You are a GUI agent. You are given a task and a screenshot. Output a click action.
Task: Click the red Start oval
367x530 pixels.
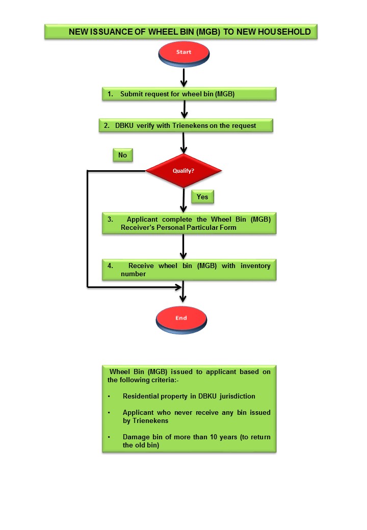click(184, 54)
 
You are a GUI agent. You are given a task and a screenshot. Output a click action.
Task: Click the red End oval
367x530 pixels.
click(181, 320)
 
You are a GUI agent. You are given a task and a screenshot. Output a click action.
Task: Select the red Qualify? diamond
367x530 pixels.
click(183, 171)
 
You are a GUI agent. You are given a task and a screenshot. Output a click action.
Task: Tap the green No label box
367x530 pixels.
click(123, 155)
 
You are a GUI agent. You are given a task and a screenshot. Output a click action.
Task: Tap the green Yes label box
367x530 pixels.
click(202, 197)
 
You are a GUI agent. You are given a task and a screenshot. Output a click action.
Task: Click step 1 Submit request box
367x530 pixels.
click(189, 94)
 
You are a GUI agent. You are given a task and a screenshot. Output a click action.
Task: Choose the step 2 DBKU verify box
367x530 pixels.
click(186, 125)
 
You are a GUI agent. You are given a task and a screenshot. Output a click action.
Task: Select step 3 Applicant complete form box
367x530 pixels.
click(189, 223)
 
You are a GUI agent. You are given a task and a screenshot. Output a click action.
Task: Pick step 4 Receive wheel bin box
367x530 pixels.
click(189, 270)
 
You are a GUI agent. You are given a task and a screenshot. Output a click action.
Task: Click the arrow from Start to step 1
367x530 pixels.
click(183, 77)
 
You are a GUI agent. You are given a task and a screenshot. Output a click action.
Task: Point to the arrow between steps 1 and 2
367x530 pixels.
click(184, 109)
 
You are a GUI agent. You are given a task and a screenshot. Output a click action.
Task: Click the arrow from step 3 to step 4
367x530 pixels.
click(183, 247)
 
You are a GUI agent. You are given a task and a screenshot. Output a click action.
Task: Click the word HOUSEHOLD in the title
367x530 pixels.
click(284, 32)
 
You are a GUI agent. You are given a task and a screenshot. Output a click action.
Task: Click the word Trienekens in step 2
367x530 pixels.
click(190, 126)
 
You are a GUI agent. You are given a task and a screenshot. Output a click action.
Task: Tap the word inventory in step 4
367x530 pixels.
click(255, 266)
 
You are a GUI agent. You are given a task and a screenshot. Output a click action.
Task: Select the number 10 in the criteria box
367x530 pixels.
click(214, 437)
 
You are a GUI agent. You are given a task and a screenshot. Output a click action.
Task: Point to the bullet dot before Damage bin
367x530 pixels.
click(109, 437)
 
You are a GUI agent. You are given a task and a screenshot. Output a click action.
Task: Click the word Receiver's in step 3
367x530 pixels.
click(138, 227)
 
